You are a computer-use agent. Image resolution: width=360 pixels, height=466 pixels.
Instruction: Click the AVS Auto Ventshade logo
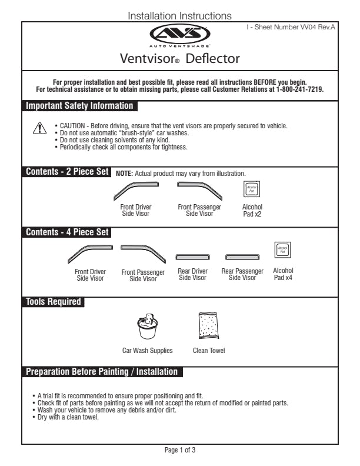click(x=180, y=35)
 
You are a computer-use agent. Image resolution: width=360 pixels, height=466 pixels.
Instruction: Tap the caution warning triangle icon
click(x=38, y=129)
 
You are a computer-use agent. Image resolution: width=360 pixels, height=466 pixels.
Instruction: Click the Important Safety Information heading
click(x=79, y=106)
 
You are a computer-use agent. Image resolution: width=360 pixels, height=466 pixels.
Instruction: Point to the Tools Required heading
click(x=53, y=302)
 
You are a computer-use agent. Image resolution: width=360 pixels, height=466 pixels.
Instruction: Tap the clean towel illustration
click(x=209, y=325)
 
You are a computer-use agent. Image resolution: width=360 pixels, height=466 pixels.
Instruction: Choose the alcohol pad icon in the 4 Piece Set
click(x=282, y=249)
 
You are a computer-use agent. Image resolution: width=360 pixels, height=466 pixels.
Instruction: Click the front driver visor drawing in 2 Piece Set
click(x=135, y=191)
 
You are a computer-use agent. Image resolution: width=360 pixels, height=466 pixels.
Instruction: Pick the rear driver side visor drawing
click(x=192, y=257)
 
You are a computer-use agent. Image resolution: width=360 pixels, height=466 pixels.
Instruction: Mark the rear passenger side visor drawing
click(x=242, y=257)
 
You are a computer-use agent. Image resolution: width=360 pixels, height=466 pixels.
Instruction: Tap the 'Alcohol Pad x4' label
click(x=283, y=274)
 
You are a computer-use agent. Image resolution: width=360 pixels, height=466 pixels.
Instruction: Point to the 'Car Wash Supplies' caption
click(x=148, y=351)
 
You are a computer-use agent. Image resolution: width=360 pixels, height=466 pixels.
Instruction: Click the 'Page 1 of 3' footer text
click(x=180, y=450)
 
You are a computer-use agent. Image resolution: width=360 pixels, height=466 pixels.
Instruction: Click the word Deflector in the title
click(x=212, y=59)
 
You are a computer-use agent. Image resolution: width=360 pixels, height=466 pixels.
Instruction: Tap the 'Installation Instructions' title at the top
click(x=180, y=16)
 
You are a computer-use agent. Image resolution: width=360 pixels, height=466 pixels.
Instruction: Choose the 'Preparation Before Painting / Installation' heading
click(x=101, y=372)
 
